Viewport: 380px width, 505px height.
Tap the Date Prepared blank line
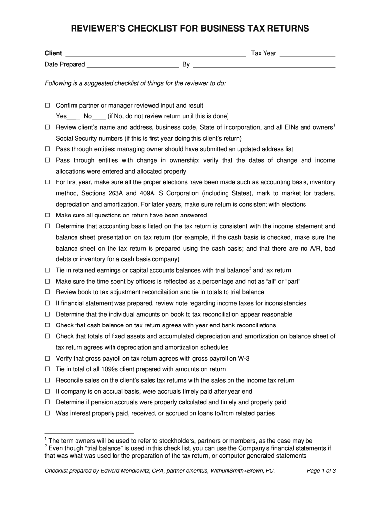point(133,65)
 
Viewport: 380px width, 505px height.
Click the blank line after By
point(264,65)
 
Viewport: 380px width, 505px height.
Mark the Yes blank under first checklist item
point(74,117)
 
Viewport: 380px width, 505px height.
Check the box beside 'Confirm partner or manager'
point(48,106)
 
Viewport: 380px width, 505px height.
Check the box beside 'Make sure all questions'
point(48,216)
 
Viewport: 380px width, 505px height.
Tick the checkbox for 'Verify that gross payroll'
point(48,359)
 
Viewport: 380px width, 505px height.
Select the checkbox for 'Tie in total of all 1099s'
point(48,369)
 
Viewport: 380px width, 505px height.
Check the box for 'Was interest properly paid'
point(48,413)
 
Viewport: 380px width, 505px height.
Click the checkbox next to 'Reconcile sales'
point(48,380)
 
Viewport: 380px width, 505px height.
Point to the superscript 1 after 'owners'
point(334,125)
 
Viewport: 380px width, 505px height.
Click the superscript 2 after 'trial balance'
point(250,268)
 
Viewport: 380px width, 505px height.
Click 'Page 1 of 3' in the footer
point(321,471)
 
